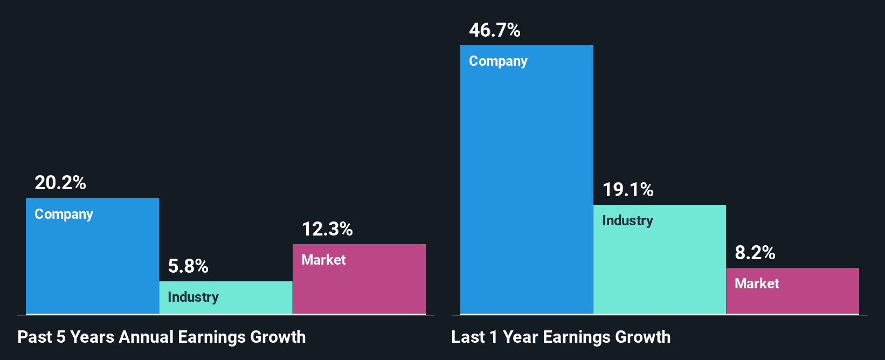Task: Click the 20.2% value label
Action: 60,183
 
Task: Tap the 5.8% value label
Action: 188,266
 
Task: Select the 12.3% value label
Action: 327,230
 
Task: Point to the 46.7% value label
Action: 495,31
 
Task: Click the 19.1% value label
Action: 628,190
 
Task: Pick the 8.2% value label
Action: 755,253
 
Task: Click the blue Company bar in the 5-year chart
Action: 92,264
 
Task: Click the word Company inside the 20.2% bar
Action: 64,214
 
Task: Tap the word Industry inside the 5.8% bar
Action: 193,297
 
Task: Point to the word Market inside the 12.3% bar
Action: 323,260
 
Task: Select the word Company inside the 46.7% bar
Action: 498,61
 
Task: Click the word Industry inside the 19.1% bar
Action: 627,221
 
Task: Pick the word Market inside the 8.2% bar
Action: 757,284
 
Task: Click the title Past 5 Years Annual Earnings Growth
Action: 162,337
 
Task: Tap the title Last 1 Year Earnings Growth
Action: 561,337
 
